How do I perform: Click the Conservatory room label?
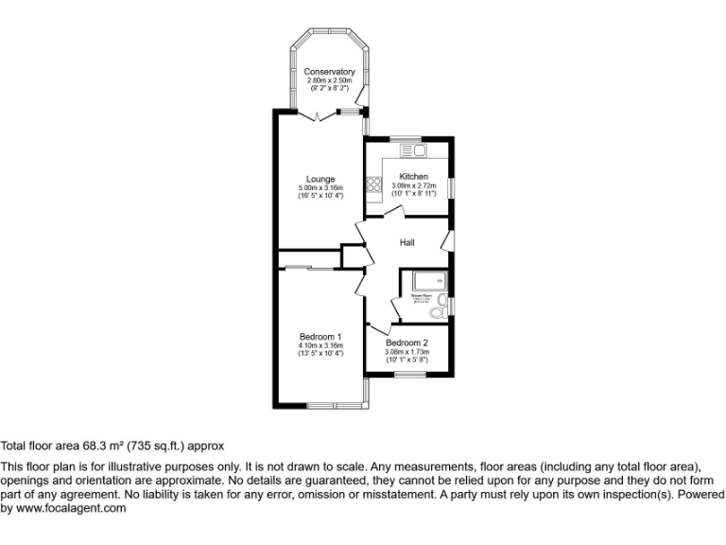329,72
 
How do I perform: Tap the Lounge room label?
320,179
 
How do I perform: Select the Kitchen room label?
413,177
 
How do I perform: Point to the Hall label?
407,243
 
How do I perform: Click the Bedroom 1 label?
320,337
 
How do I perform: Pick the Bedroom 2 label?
407,343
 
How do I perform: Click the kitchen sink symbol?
414,149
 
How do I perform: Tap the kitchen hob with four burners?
374,186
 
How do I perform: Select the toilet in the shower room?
438,311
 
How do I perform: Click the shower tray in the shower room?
424,280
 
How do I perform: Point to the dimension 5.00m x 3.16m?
320,188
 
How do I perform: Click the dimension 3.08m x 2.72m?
413,186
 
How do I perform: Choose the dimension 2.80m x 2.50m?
329,81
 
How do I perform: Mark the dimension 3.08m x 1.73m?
407,352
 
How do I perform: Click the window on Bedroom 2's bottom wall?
409,375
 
